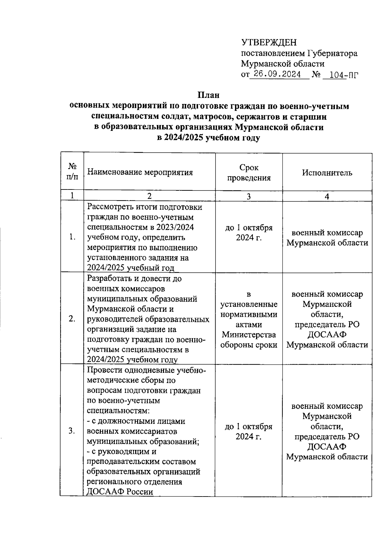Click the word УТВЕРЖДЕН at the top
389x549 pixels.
[x=269, y=42]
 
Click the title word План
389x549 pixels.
[x=208, y=95]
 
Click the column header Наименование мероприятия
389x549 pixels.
[x=140, y=172]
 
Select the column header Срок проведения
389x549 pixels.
[x=249, y=173]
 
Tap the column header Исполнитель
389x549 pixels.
[x=327, y=172]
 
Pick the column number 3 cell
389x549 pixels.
[x=249, y=196]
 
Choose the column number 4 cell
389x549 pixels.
[x=327, y=196]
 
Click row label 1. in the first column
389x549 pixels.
[x=72, y=237]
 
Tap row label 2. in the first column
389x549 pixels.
[x=72, y=319]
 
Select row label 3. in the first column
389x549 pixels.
[x=72, y=431]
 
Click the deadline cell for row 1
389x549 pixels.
[x=249, y=233]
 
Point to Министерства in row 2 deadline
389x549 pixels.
[x=249, y=335]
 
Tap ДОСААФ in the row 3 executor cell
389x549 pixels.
[x=327, y=447]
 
